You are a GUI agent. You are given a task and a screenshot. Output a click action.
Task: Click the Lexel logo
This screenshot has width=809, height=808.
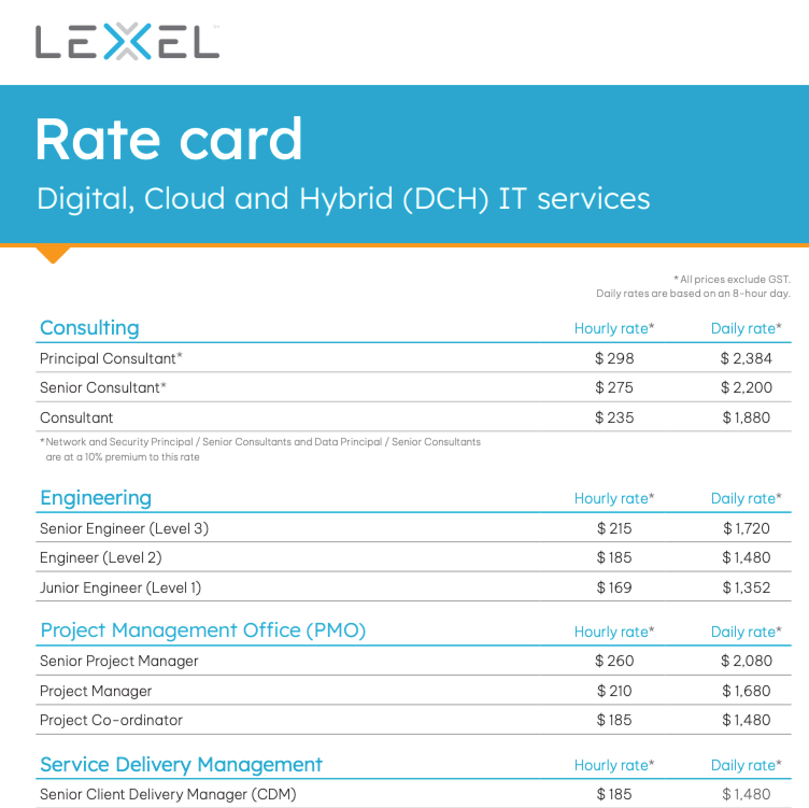127,41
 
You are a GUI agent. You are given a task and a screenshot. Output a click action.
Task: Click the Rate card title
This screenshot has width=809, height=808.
169,139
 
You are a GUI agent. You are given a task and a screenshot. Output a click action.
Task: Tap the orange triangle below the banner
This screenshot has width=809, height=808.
53,254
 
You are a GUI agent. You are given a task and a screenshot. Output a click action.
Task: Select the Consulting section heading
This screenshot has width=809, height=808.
90,328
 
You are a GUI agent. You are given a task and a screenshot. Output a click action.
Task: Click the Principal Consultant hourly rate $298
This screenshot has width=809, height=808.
614,358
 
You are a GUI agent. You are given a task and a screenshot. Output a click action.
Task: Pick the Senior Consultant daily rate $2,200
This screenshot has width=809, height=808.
746,387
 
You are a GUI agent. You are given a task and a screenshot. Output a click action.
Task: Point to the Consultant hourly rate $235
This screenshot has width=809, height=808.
614,417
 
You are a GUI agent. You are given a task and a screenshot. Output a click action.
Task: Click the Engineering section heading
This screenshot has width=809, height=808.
96,498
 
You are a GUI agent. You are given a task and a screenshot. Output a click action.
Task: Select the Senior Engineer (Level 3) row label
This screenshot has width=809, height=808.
124,528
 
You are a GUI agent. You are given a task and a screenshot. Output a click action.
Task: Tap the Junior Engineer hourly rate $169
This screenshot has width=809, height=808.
614,587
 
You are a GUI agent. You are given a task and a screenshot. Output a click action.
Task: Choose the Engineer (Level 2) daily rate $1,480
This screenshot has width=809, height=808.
746,557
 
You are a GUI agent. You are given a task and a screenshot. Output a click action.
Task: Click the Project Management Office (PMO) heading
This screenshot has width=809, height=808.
203,630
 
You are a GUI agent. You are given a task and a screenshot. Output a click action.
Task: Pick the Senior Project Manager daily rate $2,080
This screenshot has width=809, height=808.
746,661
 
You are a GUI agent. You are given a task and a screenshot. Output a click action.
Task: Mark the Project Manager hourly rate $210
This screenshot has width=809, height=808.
614,691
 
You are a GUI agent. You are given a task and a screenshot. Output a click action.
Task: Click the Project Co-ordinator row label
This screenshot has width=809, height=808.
111,720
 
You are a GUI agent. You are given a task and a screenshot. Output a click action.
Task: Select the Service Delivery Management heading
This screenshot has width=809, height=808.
181,764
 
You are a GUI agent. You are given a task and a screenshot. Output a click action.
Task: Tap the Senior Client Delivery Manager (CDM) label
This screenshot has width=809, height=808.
168,794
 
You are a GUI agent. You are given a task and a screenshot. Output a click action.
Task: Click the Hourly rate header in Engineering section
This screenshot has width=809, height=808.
614,498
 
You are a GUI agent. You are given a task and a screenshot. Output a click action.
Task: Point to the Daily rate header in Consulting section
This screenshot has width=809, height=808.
746,328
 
